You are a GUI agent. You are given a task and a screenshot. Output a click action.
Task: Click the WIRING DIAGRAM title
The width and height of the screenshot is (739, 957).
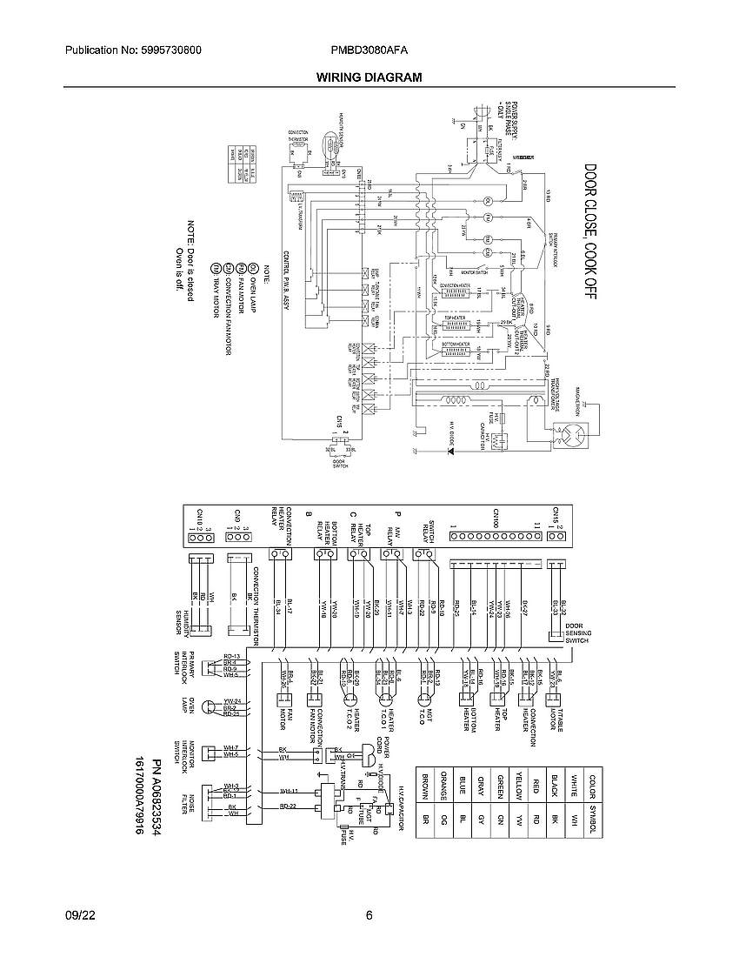click(369, 77)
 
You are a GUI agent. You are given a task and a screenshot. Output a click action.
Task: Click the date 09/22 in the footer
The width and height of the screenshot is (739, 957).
click(77, 915)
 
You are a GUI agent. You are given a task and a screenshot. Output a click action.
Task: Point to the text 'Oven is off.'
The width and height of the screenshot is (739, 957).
click(180, 271)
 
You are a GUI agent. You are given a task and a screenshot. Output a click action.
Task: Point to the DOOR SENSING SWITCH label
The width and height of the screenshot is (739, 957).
click(570, 632)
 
